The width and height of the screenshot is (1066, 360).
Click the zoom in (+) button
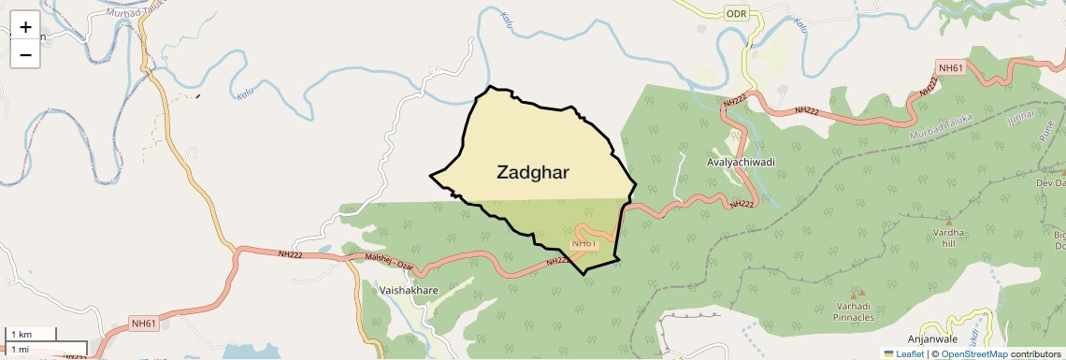[25, 27]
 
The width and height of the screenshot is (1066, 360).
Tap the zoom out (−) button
[25, 55]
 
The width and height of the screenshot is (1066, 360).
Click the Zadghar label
[533, 172]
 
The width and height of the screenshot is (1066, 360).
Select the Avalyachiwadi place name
[741, 162]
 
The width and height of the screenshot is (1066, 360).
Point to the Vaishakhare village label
[410, 291]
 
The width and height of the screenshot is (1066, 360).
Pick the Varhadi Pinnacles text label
[854, 311]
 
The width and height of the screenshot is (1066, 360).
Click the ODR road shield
[737, 14]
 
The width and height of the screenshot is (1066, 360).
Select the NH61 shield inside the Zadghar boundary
[583, 244]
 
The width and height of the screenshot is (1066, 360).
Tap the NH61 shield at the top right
[950, 67]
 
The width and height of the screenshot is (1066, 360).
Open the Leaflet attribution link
[903, 354]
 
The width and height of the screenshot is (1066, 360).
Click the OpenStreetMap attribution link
[973, 354]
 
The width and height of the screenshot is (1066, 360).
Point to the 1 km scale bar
[31, 334]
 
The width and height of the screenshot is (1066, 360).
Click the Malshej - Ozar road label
[391, 266]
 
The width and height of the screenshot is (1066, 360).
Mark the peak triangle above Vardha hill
[948, 221]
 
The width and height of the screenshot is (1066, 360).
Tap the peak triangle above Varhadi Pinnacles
[851, 294]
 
